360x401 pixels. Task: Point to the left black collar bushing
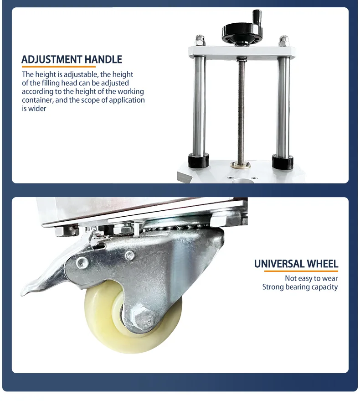coord(199,160)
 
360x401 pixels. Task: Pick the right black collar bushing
coord(283,161)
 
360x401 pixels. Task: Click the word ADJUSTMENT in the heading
coord(51,59)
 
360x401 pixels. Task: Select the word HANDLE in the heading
coord(103,59)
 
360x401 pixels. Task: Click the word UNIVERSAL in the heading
coord(279,264)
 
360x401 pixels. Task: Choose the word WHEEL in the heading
coord(323,264)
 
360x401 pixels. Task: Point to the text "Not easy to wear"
coord(311,278)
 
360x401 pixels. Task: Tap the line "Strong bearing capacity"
coord(300,287)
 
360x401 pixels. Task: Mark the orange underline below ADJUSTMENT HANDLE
coord(58,67)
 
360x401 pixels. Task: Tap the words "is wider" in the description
coord(34,109)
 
